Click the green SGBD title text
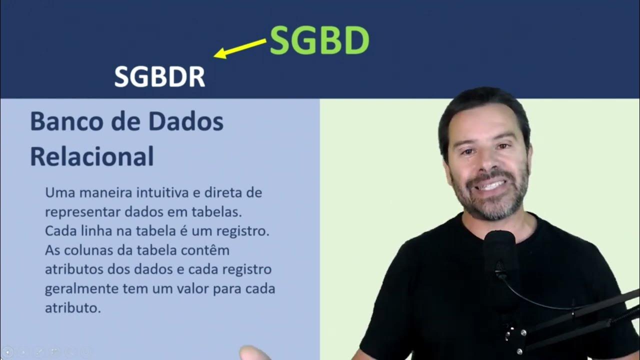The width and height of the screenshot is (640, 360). pyautogui.click(x=319, y=40)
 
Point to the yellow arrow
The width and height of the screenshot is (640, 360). pyautogui.click(x=240, y=48)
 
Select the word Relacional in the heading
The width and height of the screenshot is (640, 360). pyautogui.click(x=91, y=156)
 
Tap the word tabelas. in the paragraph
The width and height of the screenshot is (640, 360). pyautogui.click(x=219, y=211)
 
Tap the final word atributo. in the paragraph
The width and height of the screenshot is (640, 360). pyautogui.click(x=73, y=308)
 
